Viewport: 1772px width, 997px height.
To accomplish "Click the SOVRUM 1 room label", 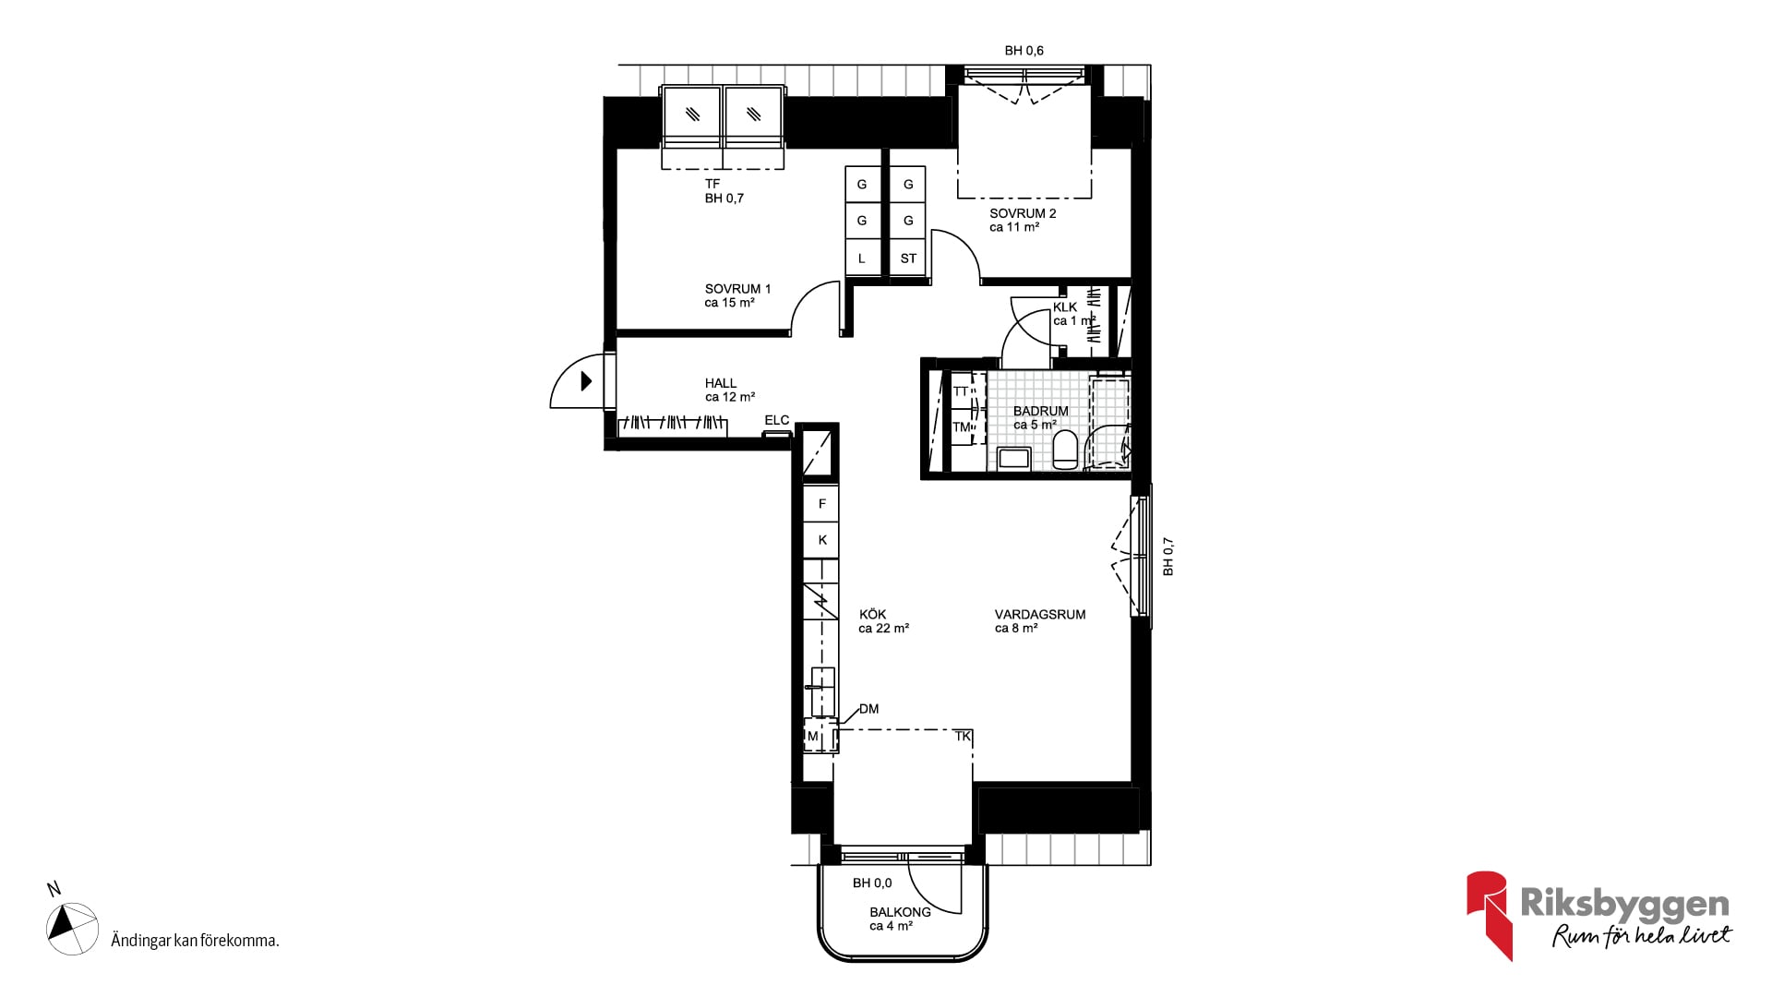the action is pos(737,289).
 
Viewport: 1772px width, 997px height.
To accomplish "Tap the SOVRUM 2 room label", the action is pos(1023,213).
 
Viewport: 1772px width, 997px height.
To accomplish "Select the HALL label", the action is pos(721,383).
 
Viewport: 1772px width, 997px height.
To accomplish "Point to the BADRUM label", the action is pos(1040,411).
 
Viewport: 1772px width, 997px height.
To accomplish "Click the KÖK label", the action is pos(872,614).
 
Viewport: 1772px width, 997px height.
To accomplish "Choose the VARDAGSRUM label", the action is pos(1040,614).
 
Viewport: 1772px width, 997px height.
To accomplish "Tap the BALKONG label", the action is pos(900,912).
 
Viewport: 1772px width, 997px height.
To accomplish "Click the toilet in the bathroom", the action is pos(1065,450).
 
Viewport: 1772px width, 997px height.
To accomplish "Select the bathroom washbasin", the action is pos(1015,458).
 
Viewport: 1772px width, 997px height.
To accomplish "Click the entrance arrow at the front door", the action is pos(586,380).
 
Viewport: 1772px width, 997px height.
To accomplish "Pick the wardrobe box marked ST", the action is pos(908,258).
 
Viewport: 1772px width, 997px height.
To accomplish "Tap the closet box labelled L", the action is pos(862,258).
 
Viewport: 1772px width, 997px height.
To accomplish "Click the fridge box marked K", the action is pos(821,540).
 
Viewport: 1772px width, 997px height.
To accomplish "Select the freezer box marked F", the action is pos(821,504).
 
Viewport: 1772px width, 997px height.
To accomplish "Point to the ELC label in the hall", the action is pos(777,420).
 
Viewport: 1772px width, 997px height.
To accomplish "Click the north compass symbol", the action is pos(72,928).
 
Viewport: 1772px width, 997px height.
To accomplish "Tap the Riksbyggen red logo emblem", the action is pos(1489,914).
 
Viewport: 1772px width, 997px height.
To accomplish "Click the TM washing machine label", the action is pos(961,426).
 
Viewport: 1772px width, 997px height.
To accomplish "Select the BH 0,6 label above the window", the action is pos(1024,51).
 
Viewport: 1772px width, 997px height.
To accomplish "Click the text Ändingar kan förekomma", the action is pos(195,941).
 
